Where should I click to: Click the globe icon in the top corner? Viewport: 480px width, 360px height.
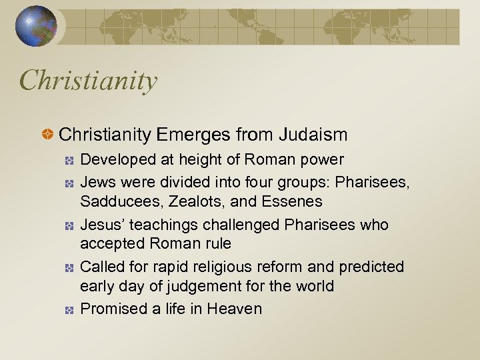[37, 26]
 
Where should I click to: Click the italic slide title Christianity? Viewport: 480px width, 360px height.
[89, 81]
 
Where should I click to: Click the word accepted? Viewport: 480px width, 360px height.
[111, 243]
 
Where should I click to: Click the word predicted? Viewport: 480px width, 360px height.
[371, 267]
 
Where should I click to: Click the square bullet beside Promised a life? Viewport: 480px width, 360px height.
[69, 310]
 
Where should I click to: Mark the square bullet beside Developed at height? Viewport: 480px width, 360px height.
[69, 161]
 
